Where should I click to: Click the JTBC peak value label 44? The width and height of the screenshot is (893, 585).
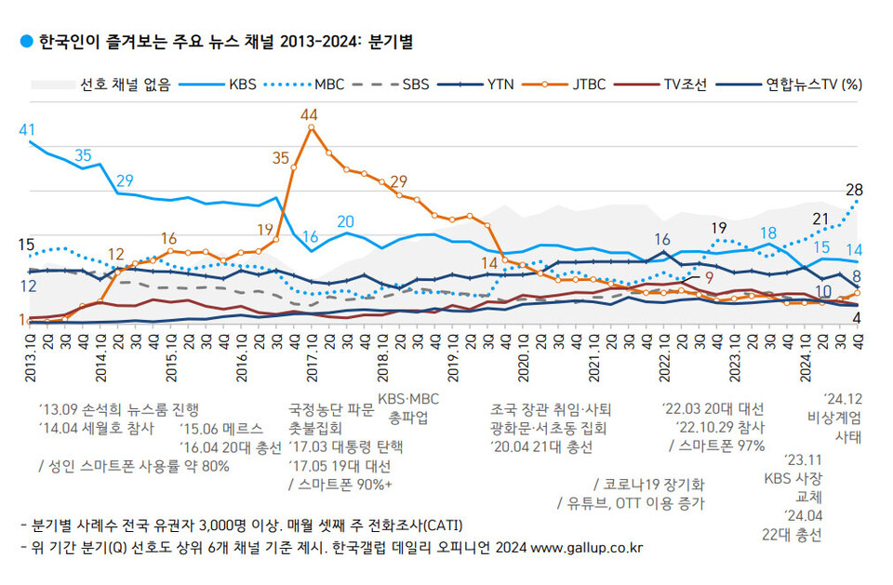[310, 113]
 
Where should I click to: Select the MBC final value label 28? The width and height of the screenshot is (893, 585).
[854, 190]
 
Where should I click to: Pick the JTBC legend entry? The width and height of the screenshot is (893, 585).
[586, 85]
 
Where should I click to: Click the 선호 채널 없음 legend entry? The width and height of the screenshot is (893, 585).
[125, 85]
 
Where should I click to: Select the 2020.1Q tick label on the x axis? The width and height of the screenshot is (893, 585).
[524, 354]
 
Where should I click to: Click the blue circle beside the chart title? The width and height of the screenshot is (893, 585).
[25, 42]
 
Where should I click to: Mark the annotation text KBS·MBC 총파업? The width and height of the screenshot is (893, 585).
[407, 408]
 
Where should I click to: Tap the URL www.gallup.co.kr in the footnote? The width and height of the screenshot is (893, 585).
[589, 548]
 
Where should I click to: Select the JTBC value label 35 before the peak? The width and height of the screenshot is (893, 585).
[280, 157]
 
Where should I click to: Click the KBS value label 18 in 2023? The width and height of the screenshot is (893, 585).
[768, 233]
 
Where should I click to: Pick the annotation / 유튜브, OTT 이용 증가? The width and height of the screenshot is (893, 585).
[629, 503]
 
